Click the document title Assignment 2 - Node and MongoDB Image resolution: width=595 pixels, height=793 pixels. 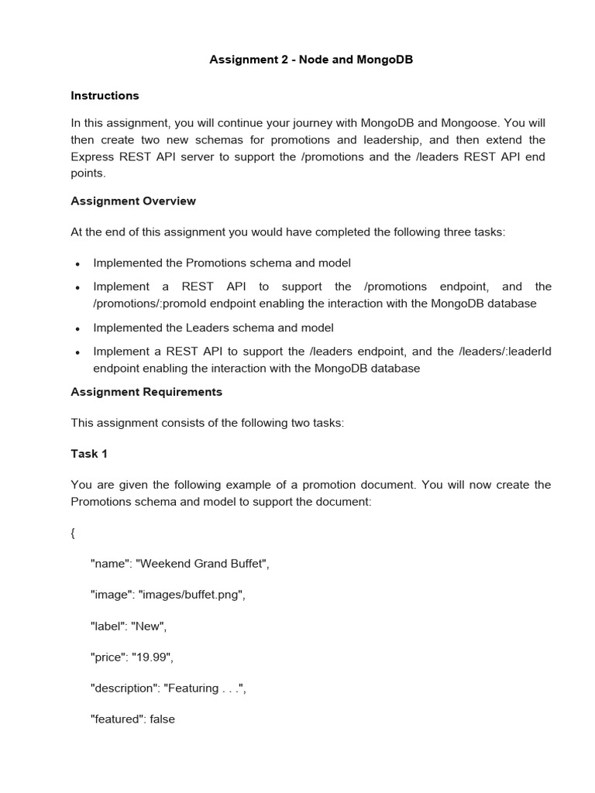pyautogui.click(x=311, y=60)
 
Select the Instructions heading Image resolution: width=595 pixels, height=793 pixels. pyautogui.click(x=105, y=95)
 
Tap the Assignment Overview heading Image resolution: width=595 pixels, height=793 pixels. pyautogui.click(x=133, y=201)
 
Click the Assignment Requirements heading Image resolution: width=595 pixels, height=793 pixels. pyautogui.click(x=146, y=392)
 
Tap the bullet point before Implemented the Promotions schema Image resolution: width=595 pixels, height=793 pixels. pyautogui.click(x=77, y=264)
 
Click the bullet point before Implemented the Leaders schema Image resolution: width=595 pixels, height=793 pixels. pyautogui.click(x=77, y=328)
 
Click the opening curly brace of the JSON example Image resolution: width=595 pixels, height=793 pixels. pyautogui.click(x=73, y=534)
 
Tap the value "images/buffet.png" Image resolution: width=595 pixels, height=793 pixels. pyautogui.click(x=191, y=595)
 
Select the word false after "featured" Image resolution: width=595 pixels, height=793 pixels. pyautogui.click(x=162, y=719)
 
